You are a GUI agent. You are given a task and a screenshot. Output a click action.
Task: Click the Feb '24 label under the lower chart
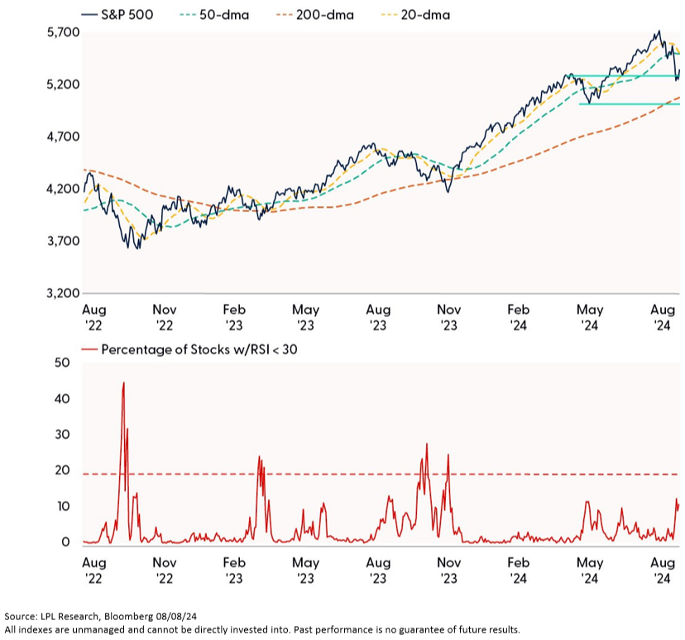coord(520,570)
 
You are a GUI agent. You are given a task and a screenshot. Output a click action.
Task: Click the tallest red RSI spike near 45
coord(123,383)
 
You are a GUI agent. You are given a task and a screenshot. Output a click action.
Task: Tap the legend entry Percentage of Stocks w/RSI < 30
coord(199,349)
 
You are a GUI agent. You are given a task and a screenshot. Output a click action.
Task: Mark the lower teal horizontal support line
coord(629,103)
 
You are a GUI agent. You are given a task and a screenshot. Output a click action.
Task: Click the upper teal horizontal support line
coord(629,75)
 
